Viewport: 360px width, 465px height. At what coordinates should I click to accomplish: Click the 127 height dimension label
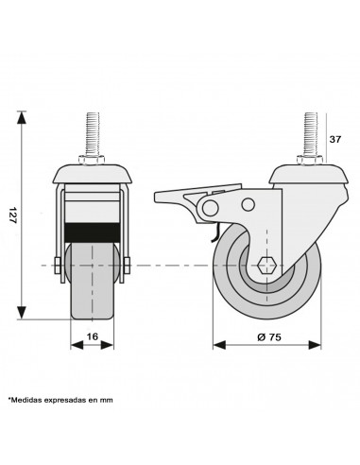[x=12, y=215]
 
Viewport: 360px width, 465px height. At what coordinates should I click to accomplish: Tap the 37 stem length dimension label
[x=334, y=139]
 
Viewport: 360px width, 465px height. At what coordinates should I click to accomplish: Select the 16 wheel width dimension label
[x=93, y=336]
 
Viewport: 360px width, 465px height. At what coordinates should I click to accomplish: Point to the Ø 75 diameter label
[x=269, y=337]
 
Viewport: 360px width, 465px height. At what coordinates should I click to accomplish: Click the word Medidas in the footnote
[x=26, y=400]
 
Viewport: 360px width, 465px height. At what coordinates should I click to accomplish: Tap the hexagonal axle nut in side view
[x=266, y=266]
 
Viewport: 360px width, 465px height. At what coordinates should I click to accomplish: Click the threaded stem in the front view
[x=93, y=133]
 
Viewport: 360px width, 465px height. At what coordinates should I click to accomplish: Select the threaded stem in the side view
[x=310, y=133]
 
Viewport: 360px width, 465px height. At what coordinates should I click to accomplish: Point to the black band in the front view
[x=93, y=232]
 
